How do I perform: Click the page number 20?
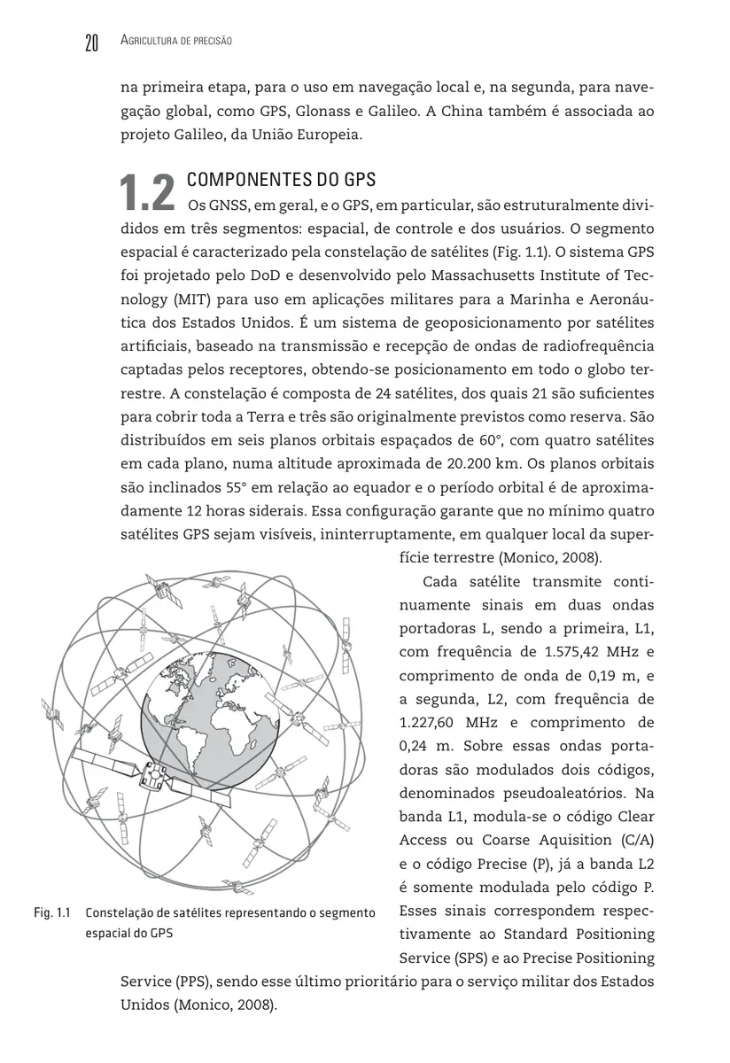(90, 43)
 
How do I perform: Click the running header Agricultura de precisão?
(175, 42)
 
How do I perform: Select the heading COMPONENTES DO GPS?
(282, 180)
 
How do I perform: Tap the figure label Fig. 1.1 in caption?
(52, 912)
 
